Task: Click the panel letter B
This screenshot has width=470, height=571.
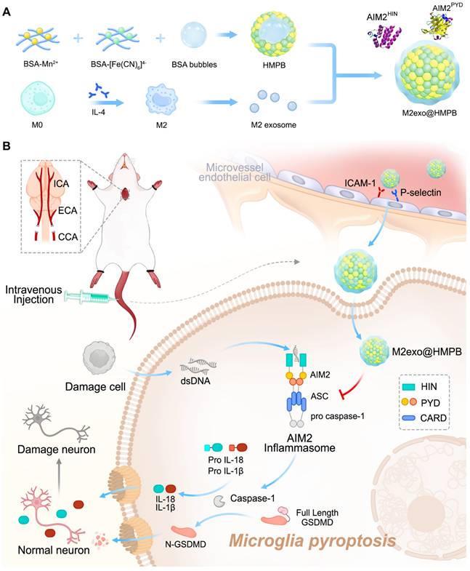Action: [7, 146]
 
